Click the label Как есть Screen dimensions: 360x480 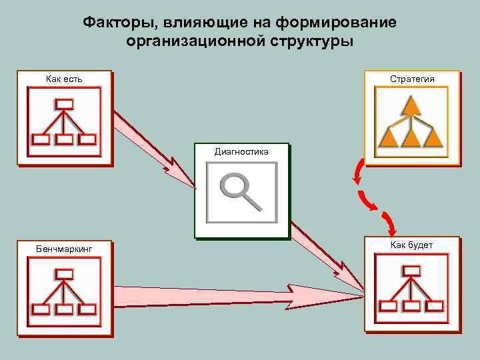click(64, 79)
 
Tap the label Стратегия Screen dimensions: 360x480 click(412, 79)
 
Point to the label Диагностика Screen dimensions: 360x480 click(241, 151)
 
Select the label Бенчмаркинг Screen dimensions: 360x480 click(64, 249)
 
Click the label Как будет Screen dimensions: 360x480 click(411, 245)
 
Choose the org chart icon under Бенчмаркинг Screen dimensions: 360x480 click(64, 291)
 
